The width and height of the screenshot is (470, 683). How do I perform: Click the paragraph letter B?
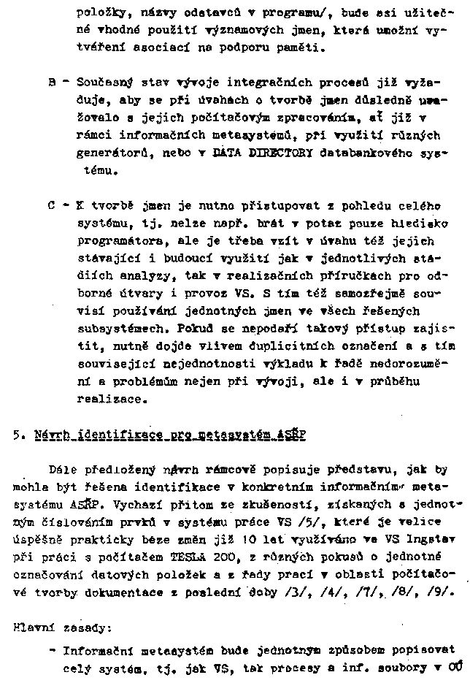click(51, 83)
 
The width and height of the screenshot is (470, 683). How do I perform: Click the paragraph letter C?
click(51, 206)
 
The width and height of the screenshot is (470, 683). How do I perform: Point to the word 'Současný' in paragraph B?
click(99, 83)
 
